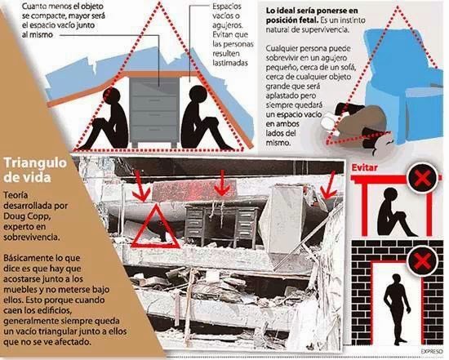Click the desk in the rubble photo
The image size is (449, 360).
tap(221, 220)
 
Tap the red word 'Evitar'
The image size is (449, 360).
tap(364, 168)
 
